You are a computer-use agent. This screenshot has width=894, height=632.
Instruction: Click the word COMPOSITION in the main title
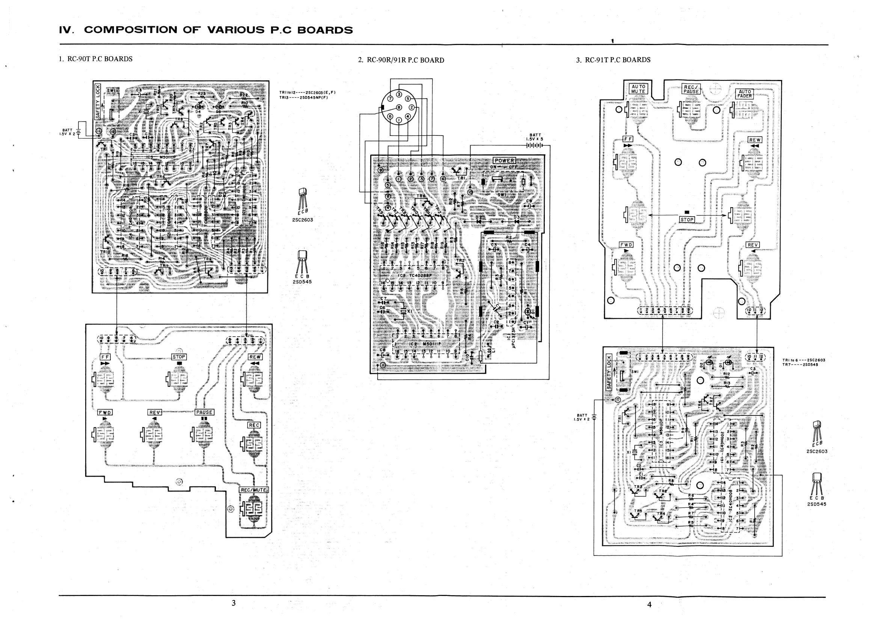click(130, 30)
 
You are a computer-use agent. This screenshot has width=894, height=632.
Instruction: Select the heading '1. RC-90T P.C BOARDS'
click(95, 59)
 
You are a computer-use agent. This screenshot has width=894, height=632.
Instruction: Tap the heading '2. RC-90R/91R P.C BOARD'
click(401, 60)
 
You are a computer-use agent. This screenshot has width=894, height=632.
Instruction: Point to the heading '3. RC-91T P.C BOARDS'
click(613, 60)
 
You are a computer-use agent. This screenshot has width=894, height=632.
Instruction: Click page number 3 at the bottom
click(234, 603)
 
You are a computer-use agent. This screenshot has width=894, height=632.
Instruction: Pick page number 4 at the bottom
click(649, 604)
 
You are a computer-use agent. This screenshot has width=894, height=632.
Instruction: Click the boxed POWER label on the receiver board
click(504, 161)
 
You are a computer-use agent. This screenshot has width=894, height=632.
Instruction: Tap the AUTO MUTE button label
click(638, 89)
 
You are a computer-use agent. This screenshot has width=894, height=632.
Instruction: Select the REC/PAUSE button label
click(691, 89)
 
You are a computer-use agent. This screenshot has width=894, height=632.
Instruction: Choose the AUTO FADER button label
click(745, 94)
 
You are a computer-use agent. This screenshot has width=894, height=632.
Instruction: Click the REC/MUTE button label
click(253, 490)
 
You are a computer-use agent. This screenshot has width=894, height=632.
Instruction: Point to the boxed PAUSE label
click(204, 412)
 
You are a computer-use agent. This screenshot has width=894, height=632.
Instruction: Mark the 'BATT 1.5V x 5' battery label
click(535, 137)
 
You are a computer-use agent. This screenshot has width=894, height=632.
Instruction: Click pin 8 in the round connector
click(399, 107)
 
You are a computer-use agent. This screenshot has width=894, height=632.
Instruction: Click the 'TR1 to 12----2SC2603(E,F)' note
click(307, 93)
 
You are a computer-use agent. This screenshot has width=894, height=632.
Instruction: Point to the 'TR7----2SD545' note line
click(804, 365)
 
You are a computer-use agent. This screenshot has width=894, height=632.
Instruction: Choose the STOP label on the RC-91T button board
click(687, 220)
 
